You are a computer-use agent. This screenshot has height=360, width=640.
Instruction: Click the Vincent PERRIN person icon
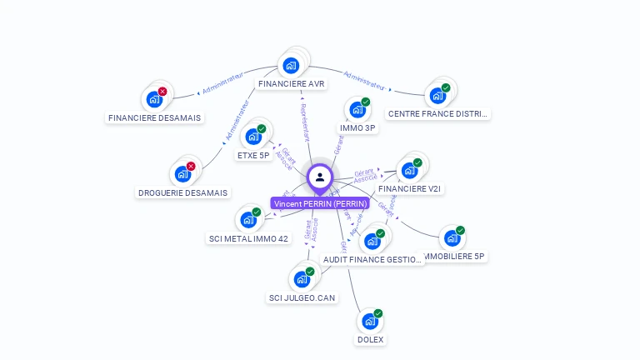coord(320,177)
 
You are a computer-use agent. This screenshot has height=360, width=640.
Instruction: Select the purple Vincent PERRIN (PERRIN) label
coord(320,203)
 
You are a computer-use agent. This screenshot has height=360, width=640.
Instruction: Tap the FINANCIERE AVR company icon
coord(291,65)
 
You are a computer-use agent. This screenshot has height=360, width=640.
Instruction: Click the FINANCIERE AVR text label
coord(292,84)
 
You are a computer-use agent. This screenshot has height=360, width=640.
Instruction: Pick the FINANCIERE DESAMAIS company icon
coord(154,99)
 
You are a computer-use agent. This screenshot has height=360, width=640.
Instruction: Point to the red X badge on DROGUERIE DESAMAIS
coord(191,167)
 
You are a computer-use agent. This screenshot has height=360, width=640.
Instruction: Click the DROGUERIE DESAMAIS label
coord(182,192)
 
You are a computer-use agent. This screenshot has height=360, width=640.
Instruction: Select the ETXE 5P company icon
coord(253,137)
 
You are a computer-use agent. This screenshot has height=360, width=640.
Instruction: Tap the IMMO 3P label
coord(359,128)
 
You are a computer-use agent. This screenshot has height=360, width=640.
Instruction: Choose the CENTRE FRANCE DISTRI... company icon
coord(437,95)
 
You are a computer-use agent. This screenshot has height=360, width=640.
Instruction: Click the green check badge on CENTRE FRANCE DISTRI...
coord(446,87)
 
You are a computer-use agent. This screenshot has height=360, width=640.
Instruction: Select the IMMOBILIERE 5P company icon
coord(452,237)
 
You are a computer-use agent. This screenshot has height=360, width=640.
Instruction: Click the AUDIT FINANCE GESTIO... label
coord(373,259)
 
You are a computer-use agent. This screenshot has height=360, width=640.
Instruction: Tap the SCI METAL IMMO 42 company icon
coord(248,220)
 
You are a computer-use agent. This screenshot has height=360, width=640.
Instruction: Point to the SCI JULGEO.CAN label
coord(302,297)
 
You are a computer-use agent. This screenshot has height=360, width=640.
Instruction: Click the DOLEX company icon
coord(370,321)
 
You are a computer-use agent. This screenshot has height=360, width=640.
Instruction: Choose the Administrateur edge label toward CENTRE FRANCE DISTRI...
coord(364,80)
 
